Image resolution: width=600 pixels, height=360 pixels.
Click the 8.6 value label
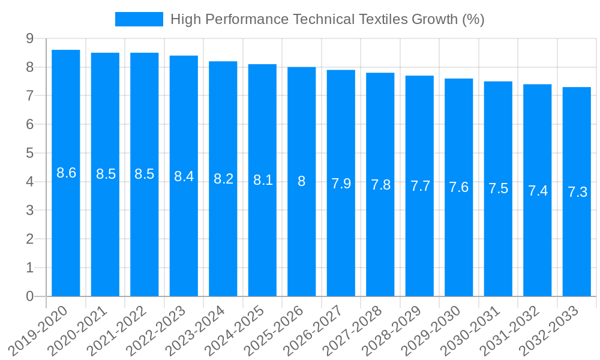click(x=66, y=173)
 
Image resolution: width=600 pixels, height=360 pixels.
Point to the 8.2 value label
click(x=223, y=179)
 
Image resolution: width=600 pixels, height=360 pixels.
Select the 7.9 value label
click(x=341, y=184)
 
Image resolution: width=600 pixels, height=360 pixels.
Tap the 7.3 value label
click(x=577, y=192)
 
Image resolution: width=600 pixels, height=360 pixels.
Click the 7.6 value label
click(x=459, y=187)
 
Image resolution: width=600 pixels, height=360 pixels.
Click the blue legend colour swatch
click(x=139, y=19)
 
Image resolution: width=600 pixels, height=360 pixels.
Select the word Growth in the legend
click(x=435, y=19)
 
